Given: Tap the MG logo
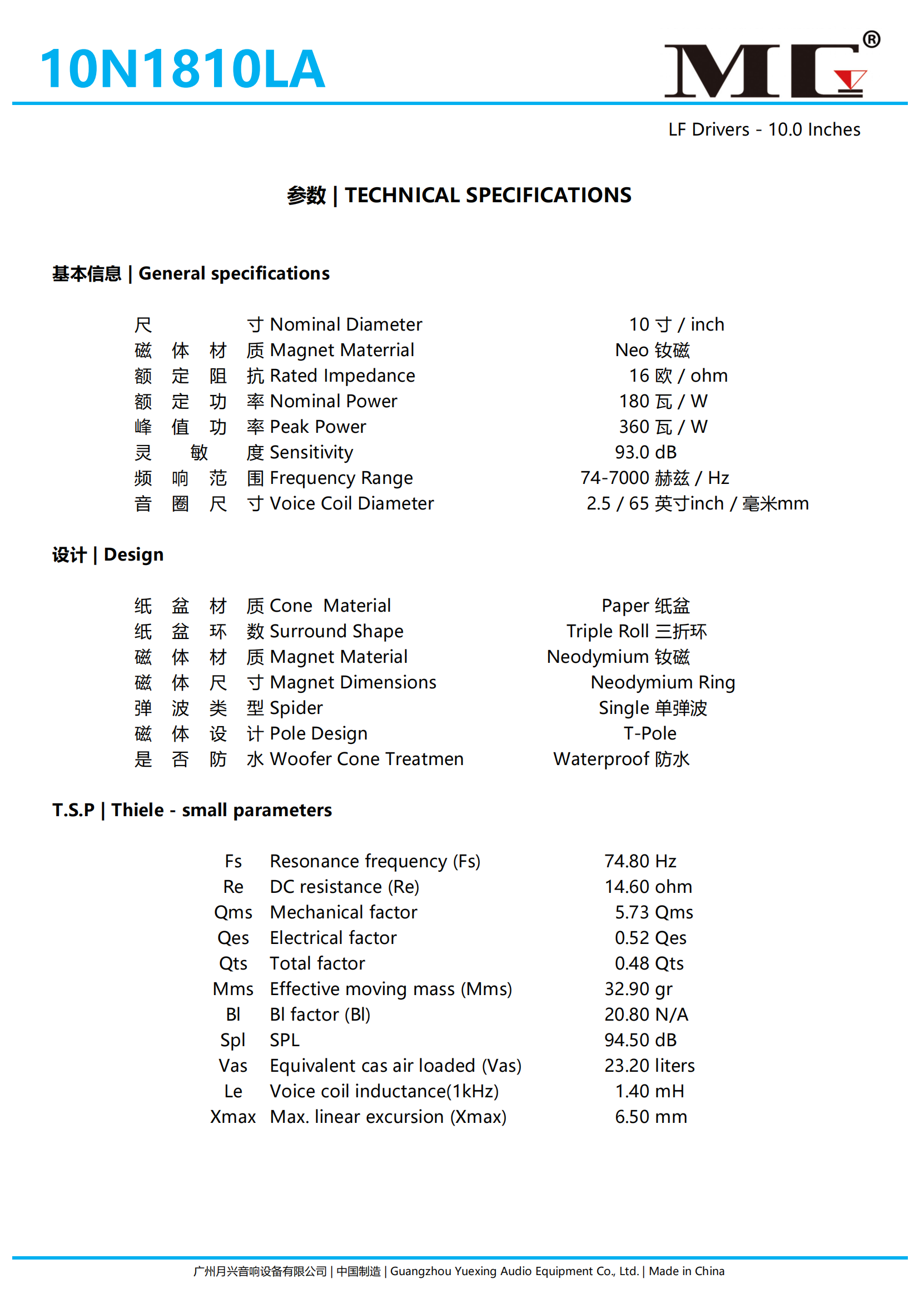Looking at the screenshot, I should coord(764,70).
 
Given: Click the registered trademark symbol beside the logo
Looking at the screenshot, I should coord(871,39).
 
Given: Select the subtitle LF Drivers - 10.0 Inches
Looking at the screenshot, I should coord(764,129).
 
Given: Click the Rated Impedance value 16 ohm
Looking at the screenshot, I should coord(678,376).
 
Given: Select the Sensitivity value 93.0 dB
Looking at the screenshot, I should coord(645,452).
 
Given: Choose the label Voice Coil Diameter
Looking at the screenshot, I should coord(351,503).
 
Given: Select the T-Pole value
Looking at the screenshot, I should coord(649,734).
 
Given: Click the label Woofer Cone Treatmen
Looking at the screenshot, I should coord(366,760).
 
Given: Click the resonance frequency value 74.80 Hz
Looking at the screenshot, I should coord(640,861).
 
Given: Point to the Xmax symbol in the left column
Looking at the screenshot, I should coord(233,1117).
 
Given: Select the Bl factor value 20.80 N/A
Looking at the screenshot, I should coord(645,1015).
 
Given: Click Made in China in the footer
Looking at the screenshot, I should coord(686,1271).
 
